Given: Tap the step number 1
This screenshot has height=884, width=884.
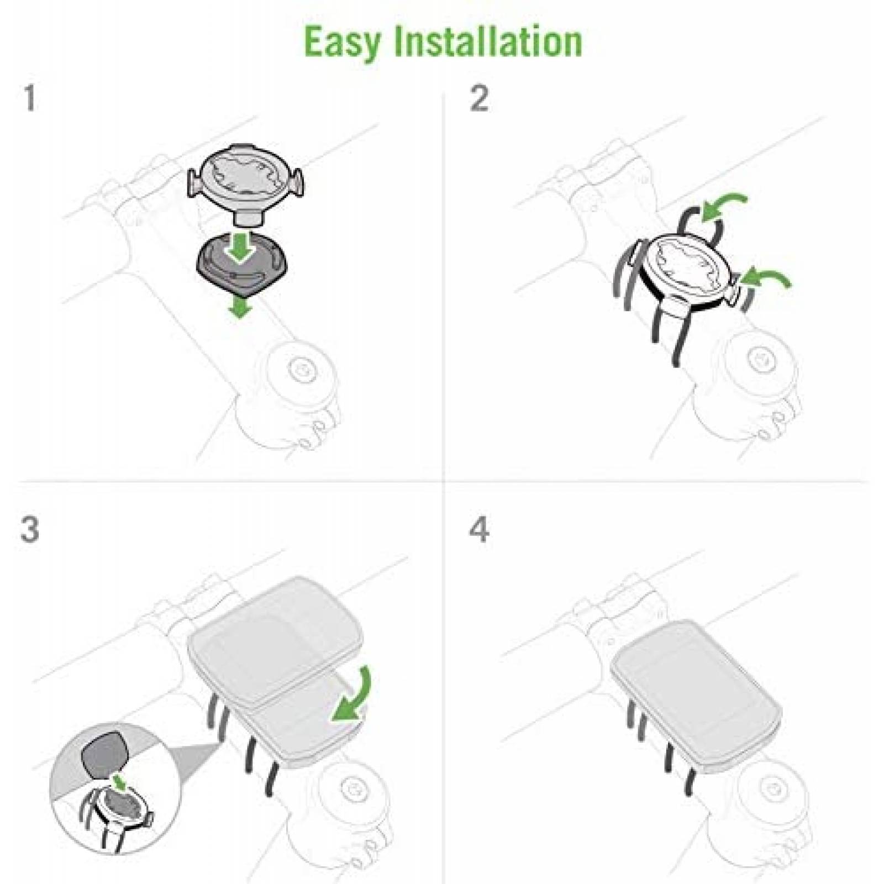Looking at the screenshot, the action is (30, 98).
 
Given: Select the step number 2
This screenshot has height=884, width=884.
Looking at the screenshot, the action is (479, 98).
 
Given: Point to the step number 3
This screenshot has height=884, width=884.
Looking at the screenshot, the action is (30, 529).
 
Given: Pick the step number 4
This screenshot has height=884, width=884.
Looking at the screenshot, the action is (479, 529).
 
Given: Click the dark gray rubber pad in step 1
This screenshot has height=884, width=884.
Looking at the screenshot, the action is (241, 261).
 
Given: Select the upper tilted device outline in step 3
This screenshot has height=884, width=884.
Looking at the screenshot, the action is (276, 641).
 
